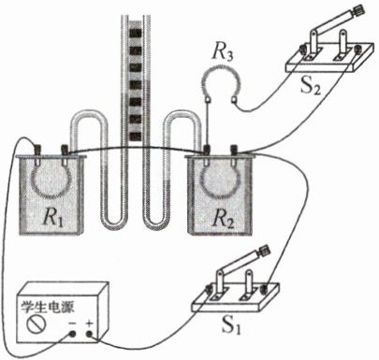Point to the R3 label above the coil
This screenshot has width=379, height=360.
(x=222, y=52)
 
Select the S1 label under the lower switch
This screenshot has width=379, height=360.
(x=230, y=324)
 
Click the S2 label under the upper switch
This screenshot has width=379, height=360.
(x=310, y=85)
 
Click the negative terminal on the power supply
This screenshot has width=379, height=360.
(x=72, y=334)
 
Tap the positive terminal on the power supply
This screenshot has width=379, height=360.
(x=90, y=334)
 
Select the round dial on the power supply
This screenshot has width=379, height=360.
(x=36, y=324)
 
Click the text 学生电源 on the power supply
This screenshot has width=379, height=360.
(x=48, y=307)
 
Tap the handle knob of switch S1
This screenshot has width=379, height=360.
(x=264, y=250)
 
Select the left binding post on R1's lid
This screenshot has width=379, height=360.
(x=37, y=150)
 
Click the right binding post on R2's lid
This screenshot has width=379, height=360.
(x=234, y=150)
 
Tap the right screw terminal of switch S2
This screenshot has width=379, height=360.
(x=358, y=50)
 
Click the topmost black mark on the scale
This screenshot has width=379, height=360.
(x=136, y=33)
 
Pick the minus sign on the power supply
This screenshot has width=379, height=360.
(x=72, y=324)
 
